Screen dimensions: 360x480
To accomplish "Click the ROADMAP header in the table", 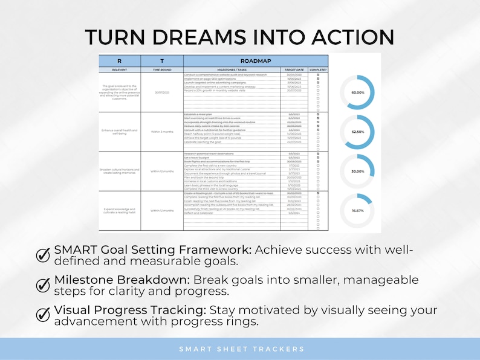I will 256,61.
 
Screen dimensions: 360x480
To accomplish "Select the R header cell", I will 119,61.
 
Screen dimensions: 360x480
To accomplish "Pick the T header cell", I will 161,61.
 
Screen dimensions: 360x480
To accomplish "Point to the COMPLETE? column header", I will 318,69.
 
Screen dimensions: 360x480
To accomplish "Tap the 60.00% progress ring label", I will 357,92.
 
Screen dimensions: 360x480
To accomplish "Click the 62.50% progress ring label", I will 357,132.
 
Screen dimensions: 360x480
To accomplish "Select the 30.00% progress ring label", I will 357,172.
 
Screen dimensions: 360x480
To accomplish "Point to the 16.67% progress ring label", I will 357,211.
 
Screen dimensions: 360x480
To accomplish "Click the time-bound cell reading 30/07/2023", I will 161,92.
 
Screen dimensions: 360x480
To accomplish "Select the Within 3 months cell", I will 161,131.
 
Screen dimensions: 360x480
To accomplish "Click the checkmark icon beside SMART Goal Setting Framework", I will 43,255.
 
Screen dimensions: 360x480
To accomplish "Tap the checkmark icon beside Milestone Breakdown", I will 43,284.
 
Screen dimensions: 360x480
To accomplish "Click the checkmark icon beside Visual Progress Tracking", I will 43,314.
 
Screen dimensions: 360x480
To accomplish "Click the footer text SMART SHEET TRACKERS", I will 240,349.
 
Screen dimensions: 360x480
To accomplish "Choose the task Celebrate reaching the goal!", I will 206,143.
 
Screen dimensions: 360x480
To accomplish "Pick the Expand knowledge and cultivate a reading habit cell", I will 119,210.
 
